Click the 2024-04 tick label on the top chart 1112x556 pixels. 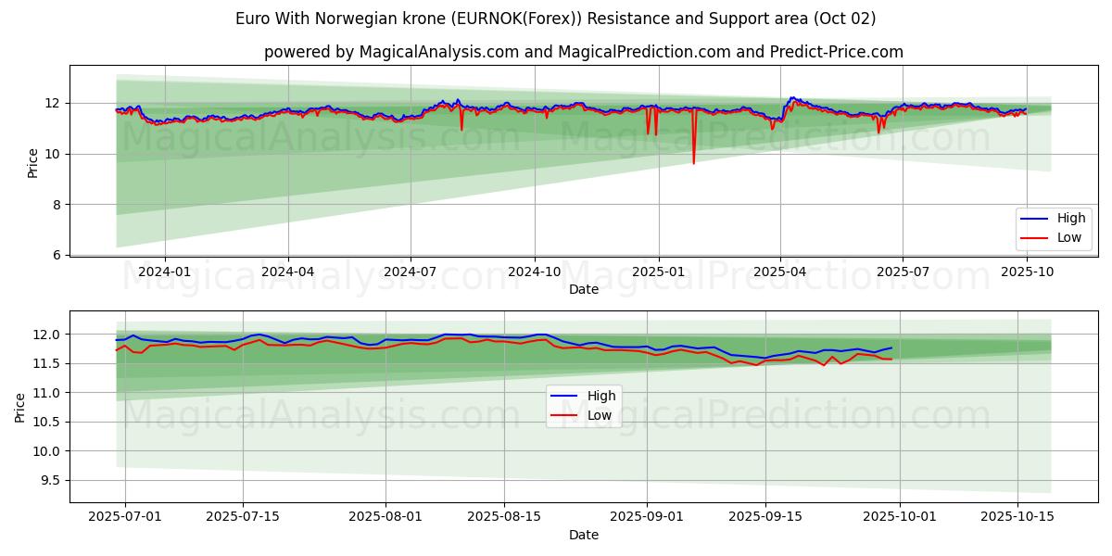288,272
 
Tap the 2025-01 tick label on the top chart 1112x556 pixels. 658,272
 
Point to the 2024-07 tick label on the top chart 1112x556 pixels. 411,272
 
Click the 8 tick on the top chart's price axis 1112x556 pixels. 56,205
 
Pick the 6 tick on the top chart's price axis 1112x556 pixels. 56,255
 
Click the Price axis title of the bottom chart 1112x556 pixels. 19,407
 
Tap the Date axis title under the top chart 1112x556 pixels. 584,289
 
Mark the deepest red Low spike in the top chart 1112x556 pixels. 693,163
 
